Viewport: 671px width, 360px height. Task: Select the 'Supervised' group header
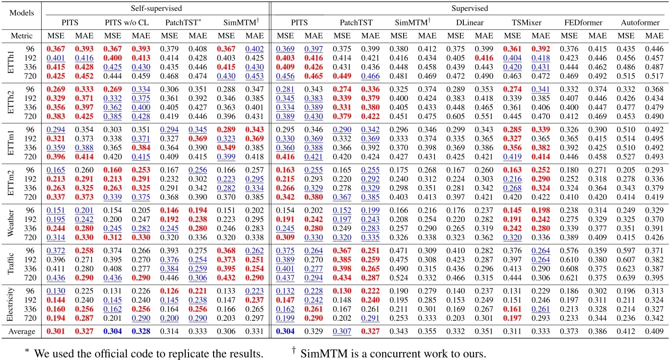pos(469,8)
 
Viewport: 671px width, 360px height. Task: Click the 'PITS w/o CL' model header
pos(127,23)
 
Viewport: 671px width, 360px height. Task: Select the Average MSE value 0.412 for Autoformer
pos(626,332)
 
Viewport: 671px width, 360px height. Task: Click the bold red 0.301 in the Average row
pos(56,332)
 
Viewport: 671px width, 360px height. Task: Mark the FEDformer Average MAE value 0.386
pos(597,332)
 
